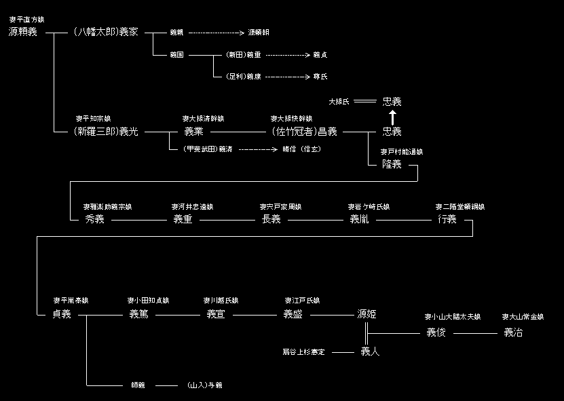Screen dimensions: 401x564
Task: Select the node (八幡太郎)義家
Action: (x=105, y=32)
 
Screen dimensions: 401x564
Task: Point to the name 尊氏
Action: (x=321, y=77)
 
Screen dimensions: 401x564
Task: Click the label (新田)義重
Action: (x=242, y=55)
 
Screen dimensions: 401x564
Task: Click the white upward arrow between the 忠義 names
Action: (x=392, y=117)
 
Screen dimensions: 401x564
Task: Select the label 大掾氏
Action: (x=339, y=102)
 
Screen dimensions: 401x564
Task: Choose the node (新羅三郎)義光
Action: (x=105, y=132)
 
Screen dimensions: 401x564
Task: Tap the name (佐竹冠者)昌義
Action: (x=304, y=132)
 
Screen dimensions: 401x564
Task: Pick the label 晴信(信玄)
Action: (x=301, y=149)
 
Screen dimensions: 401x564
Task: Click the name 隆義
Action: (x=392, y=164)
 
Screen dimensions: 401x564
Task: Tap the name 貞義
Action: (x=62, y=314)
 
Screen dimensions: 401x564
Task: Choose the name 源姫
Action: (x=366, y=314)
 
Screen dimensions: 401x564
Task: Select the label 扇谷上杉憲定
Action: (x=304, y=352)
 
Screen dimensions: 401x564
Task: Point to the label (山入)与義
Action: (x=205, y=385)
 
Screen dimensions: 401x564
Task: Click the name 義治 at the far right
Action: (x=514, y=332)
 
